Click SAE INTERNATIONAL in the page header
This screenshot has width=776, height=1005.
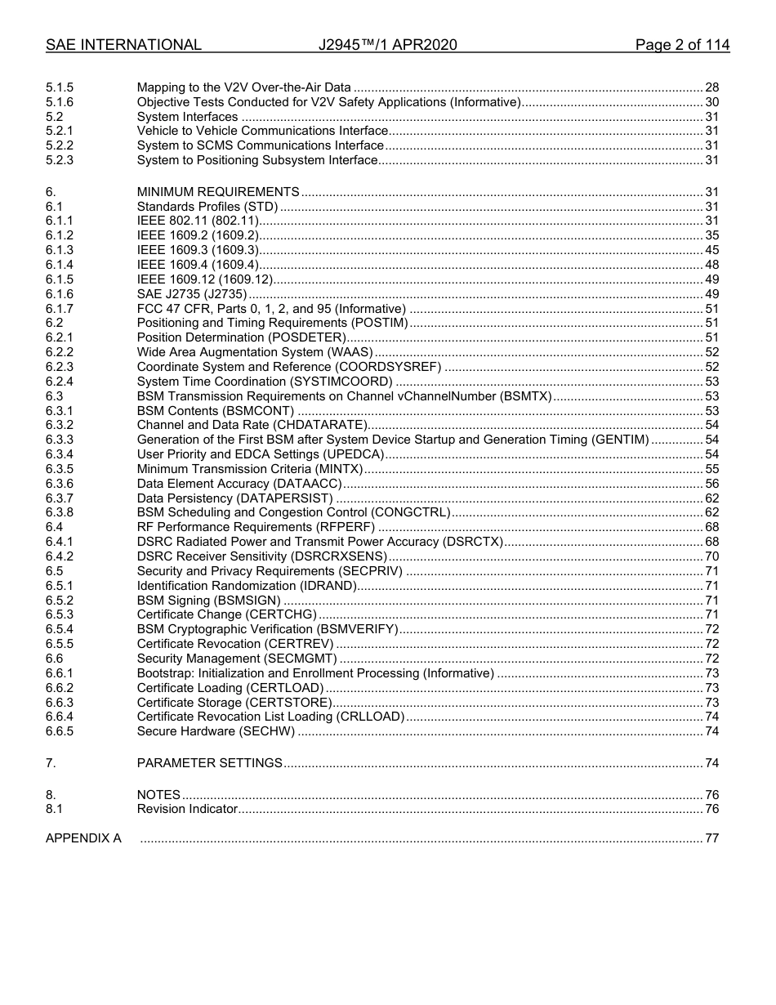click(x=123, y=45)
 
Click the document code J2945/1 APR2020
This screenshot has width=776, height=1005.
click(x=387, y=45)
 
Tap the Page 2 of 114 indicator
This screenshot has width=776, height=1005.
click(x=682, y=45)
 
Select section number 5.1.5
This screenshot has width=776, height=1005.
click(x=60, y=87)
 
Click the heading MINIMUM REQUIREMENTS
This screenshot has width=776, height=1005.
click(x=218, y=192)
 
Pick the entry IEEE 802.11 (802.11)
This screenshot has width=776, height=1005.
click(x=198, y=221)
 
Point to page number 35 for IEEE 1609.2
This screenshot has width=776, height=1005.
click(x=711, y=235)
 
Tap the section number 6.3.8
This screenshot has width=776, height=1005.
click(x=60, y=513)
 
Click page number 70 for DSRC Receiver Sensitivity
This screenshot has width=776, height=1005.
click(x=711, y=556)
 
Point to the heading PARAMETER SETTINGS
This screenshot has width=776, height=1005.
click(x=210, y=763)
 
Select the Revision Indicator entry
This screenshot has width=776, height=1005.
click(x=187, y=809)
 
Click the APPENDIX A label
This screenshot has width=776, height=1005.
click(x=83, y=838)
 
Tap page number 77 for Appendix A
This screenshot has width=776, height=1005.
click(x=711, y=838)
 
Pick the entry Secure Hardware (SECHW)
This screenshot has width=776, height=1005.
click(x=216, y=731)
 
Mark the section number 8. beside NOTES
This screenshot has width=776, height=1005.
click(x=51, y=795)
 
